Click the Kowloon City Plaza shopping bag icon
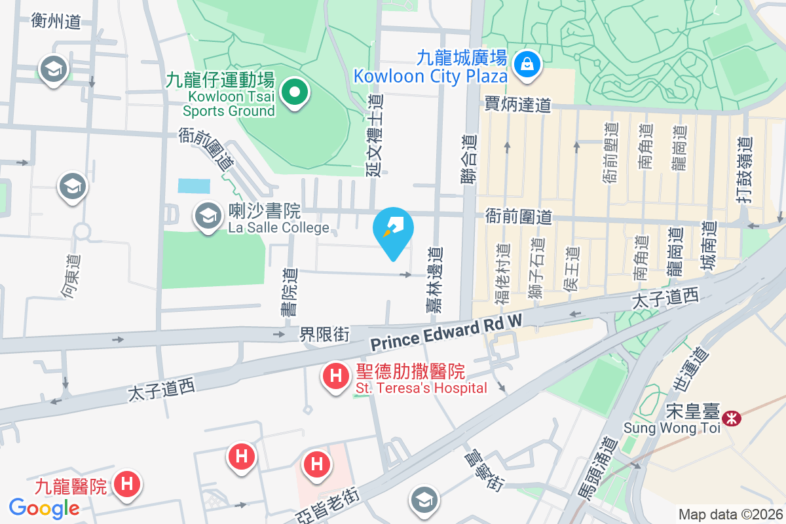click(525, 64)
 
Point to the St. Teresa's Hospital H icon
click(336, 377)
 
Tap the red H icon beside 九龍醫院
click(127, 484)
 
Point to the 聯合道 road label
click(469, 167)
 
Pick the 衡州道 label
click(56, 22)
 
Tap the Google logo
click(45, 508)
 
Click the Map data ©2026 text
click(730, 514)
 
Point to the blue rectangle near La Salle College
click(194, 185)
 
